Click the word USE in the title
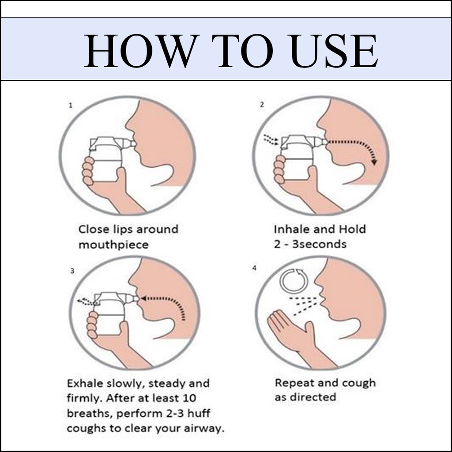[334, 51]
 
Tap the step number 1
[71, 105]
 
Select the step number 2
[262, 105]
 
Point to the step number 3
[72, 271]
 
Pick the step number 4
[254, 268]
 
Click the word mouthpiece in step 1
[113, 245]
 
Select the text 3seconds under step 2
[319, 244]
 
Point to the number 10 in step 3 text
[189, 399]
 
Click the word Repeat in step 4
[292, 384]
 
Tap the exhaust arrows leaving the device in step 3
[85, 301]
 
